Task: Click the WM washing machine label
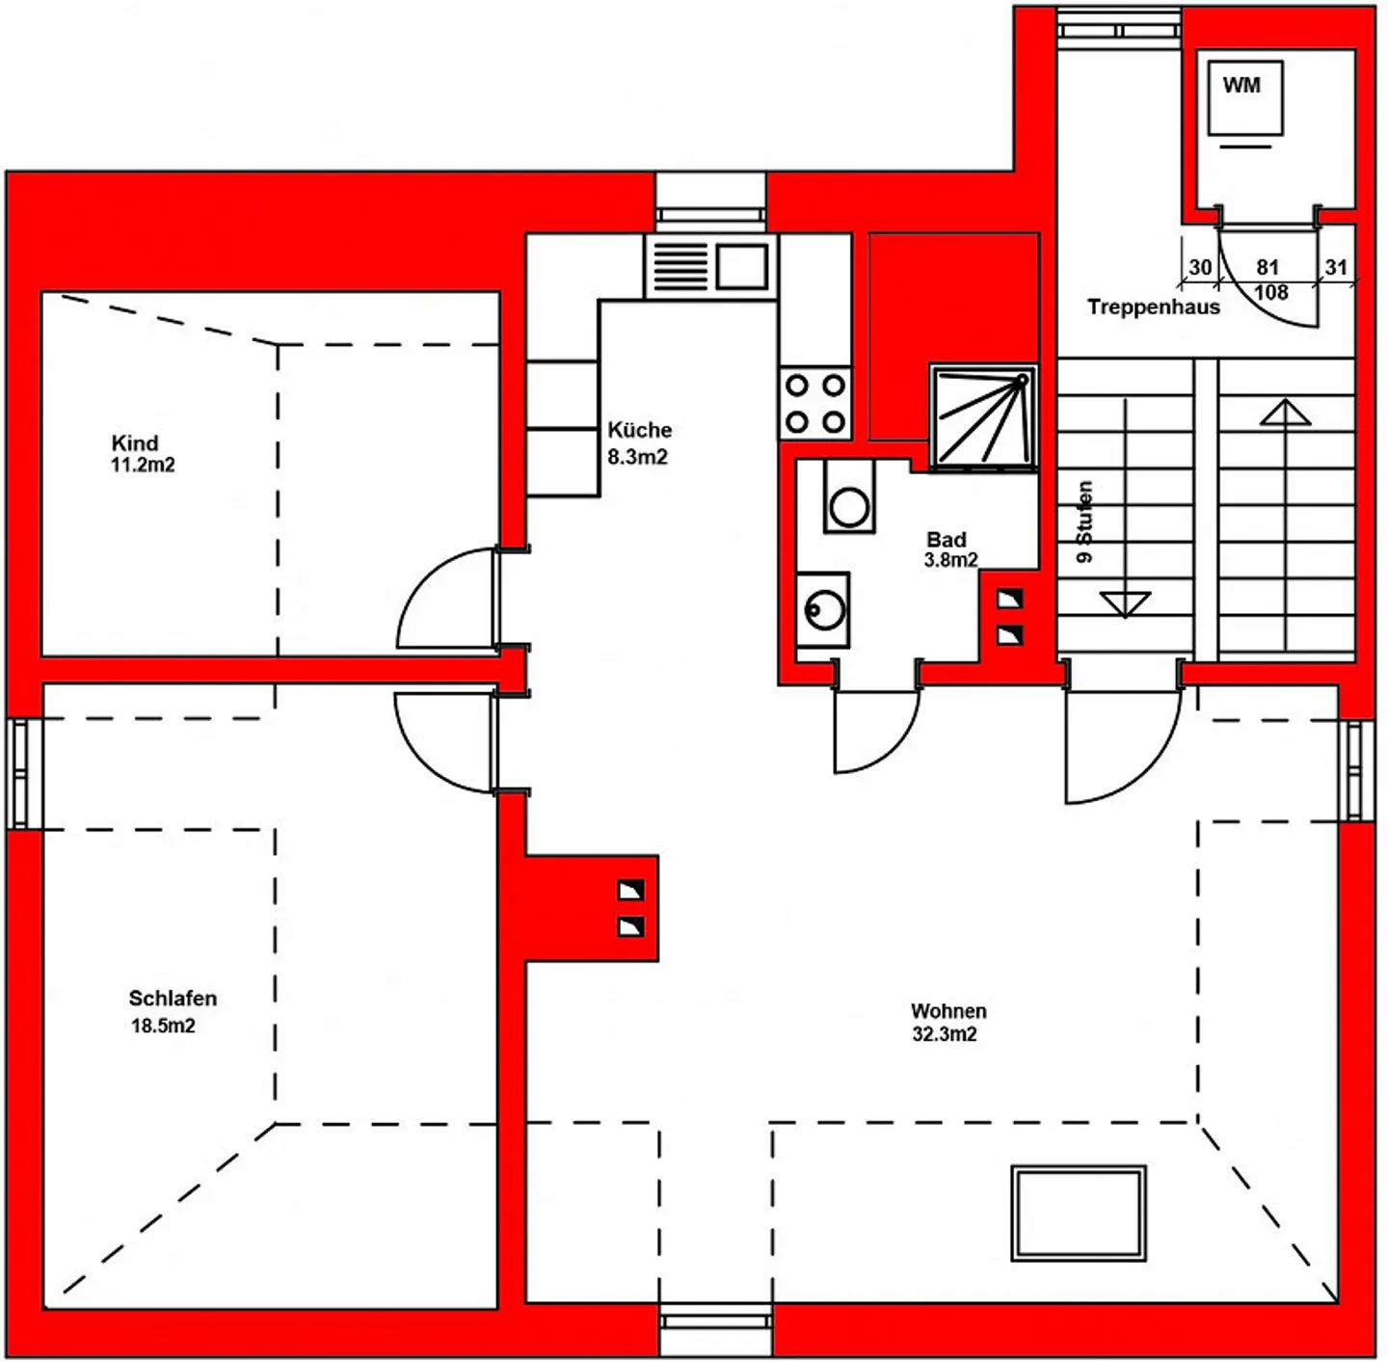click(x=1241, y=85)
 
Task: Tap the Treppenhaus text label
click(x=1153, y=307)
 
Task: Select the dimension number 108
click(x=1270, y=293)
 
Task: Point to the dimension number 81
click(x=1268, y=267)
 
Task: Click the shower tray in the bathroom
click(x=983, y=417)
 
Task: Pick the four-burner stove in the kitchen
click(x=814, y=404)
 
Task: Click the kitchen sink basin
click(x=741, y=267)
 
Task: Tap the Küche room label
click(x=640, y=430)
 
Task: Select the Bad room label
click(x=947, y=539)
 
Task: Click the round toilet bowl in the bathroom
click(x=849, y=506)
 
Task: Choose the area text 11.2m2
click(x=143, y=465)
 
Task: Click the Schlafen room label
click(x=173, y=999)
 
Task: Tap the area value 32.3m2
click(x=945, y=1034)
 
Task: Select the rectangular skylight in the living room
click(x=1079, y=1214)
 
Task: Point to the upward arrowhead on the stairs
click(x=1285, y=413)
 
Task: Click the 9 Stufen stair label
click(x=1084, y=521)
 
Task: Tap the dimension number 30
click(x=1200, y=267)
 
